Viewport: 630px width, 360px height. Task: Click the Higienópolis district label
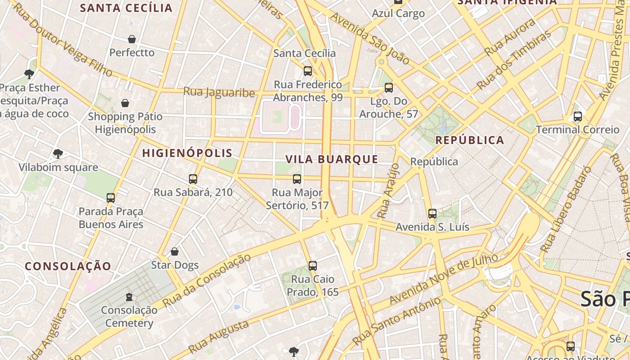pos(187,153)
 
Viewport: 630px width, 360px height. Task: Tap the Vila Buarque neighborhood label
pos(332,159)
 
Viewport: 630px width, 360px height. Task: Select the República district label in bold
pos(470,140)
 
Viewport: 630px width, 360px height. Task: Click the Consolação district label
pos(68,266)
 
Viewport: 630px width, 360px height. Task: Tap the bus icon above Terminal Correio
pos(578,117)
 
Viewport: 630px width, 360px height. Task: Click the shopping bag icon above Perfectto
pos(132,39)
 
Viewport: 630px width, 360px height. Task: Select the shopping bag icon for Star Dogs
pos(175,252)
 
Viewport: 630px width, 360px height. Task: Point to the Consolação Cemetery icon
pos(129,297)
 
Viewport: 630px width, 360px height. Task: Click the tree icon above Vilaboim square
pos(58,154)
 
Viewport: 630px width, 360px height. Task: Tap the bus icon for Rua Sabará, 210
pos(193,179)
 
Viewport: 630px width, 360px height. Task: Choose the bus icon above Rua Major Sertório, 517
pos(297,179)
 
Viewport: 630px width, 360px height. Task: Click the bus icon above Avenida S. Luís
pos(432,213)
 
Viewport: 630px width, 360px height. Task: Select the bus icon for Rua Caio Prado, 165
pos(313,265)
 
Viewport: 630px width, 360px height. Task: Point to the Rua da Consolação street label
pos(207,280)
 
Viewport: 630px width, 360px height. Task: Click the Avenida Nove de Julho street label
pos(444,279)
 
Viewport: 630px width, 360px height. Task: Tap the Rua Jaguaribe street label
pos(219,92)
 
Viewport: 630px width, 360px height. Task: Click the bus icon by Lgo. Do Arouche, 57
pos(389,87)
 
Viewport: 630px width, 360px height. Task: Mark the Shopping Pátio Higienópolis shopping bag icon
pos(125,103)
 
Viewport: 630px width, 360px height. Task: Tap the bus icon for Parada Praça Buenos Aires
pos(111,198)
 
